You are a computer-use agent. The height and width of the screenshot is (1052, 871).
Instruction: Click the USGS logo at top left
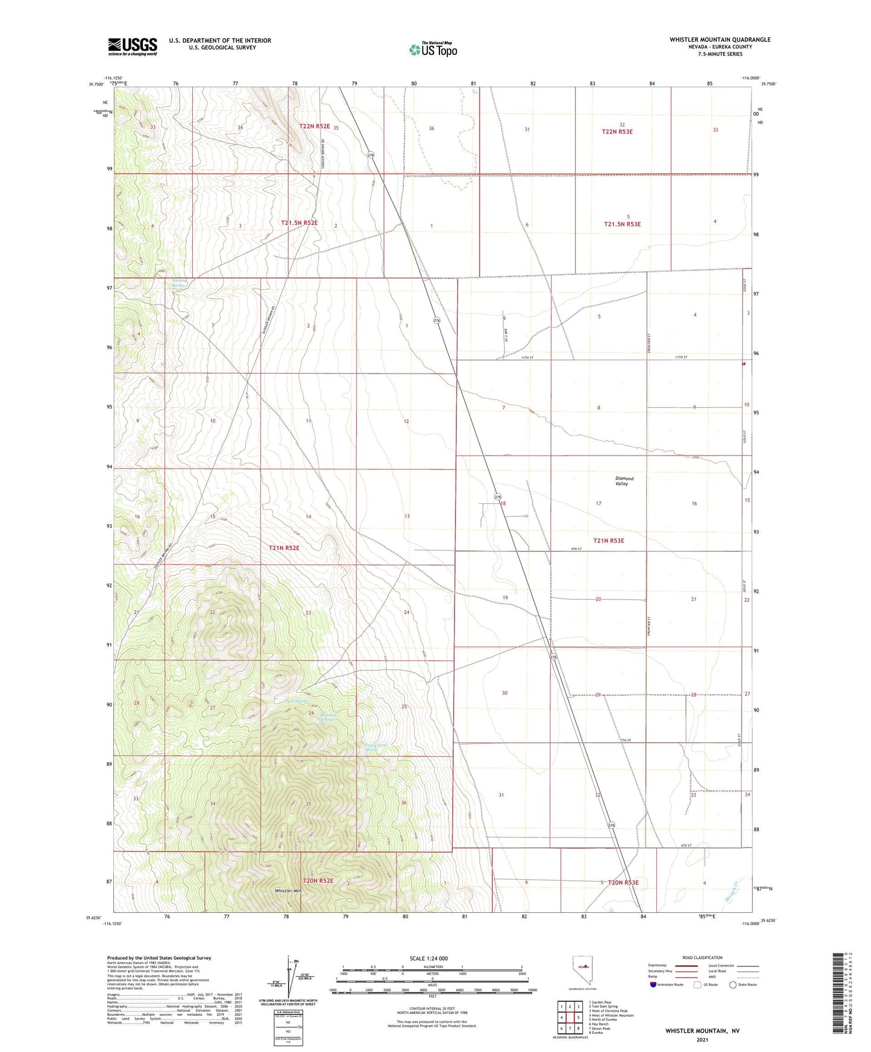coord(133,46)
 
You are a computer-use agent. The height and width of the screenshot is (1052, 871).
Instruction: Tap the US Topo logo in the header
coord(432,49)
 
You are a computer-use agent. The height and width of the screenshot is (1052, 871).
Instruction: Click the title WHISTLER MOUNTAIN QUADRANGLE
coord(720,40)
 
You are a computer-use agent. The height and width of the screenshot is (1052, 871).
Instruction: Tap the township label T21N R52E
coord(283,548)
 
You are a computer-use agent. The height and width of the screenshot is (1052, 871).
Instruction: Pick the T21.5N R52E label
coord(299,223)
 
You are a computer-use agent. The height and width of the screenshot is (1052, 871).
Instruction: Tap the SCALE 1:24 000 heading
coord(429,958)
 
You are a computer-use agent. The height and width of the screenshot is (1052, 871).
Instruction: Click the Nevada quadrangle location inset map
coord(582,969)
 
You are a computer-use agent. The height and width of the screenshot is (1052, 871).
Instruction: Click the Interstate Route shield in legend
coord(655,985)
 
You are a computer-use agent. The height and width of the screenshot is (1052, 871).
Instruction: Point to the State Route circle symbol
coord(732,985)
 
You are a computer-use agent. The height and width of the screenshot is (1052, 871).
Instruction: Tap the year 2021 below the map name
coord(702,1040)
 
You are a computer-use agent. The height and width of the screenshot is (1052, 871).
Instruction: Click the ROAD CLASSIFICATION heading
coord(702,957)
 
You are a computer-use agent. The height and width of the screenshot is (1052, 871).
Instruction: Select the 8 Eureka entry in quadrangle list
coord(596,1033)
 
